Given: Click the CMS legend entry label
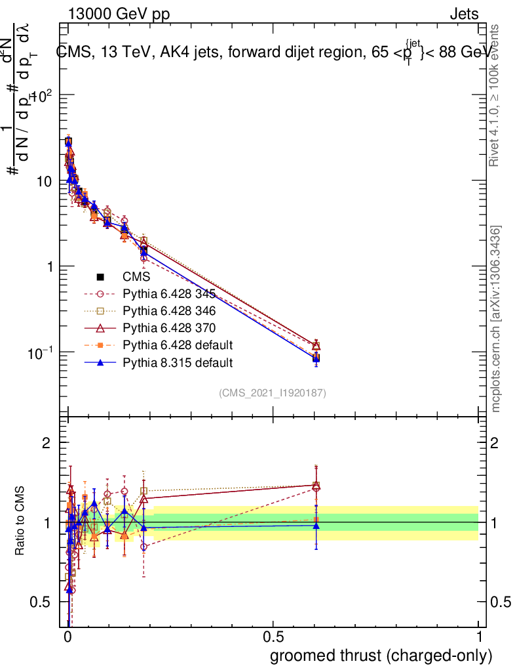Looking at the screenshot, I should tap(136, 277).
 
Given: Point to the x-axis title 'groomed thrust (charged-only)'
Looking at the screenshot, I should tap(381, 656).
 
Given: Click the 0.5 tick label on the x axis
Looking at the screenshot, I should tap(273, 637).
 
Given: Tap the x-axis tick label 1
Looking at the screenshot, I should tap(478, 637).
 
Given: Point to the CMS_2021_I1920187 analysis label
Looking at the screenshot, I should tap(273, 392).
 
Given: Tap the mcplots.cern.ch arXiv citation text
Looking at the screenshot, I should tap(496, 318).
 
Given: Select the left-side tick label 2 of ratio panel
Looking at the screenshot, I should tap(47, 443).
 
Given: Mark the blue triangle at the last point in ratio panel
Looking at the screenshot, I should tap(316, 526).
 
